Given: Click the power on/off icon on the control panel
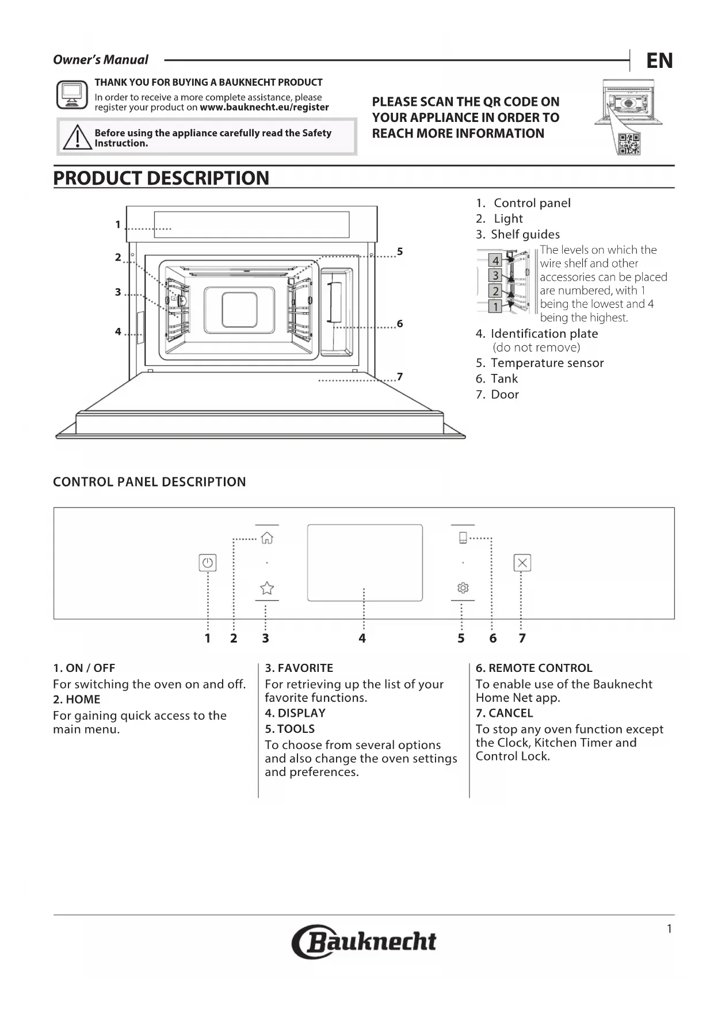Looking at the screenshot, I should (x=208, y=563).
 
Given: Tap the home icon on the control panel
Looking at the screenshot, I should (x=267, y=538).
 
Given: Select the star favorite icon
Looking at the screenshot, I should (x=267, y=588).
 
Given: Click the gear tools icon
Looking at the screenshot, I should (x=463, y=587).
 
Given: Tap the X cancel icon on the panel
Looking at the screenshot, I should (x=522, y=563).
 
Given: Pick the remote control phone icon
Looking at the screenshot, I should (x=463, y=538).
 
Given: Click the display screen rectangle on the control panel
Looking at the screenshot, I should (x=365, y=563).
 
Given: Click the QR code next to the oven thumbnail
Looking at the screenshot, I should (x=628, y=144).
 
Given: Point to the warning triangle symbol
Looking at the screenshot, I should (x=77, y=138).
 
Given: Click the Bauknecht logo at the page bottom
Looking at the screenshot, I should (x=364, y=942).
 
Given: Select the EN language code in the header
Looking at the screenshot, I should (x=659, y=60).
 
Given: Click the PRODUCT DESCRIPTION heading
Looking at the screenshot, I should (x=161, y=178).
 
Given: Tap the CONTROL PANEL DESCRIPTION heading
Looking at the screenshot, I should (x=150, y=482).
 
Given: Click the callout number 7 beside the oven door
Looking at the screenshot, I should (x=400, y=377).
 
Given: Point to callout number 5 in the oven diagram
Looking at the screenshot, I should (x=400, y=251).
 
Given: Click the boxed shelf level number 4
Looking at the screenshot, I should (x=495, y=261).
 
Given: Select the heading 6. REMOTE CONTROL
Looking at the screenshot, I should (x=534, y=668).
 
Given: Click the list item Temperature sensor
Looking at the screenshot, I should (x=547, y=363).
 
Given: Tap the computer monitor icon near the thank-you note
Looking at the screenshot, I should (x=72, y=95).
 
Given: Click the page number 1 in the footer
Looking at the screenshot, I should (x=669, y=929).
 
